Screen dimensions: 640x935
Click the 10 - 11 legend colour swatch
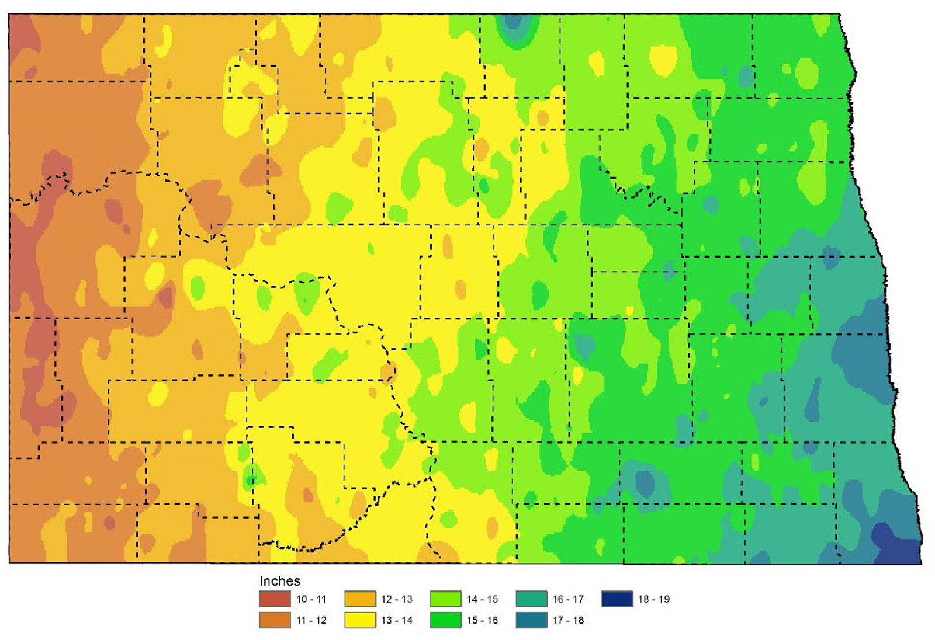coord(274,599)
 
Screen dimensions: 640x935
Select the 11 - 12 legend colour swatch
coord(274,620)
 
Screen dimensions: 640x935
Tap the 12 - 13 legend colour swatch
coord(360,599)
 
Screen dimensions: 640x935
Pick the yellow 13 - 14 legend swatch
coord(360,620)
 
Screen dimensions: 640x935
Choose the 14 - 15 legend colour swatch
coord(445,599)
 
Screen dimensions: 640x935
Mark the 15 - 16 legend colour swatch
coord(445,620)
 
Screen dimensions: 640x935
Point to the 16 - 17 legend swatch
coord(531,599)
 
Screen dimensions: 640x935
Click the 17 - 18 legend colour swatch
coord(531,620)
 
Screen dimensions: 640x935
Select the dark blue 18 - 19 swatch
coord(617,599)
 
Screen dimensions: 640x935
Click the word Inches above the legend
coord(279,581)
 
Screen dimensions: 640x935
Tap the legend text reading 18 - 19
coord(653,599)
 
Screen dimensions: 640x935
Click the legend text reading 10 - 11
coord(311,599)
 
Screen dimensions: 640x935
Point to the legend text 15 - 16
coord(482,620)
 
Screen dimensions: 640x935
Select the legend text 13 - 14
coord(397,620)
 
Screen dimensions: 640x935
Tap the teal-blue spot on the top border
coord(512,22)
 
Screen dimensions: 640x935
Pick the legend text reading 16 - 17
coord(568,599)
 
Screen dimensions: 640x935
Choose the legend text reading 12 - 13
coord(397,599)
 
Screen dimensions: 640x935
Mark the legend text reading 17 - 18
coord(568,620)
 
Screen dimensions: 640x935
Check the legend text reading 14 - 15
coord(482,599)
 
